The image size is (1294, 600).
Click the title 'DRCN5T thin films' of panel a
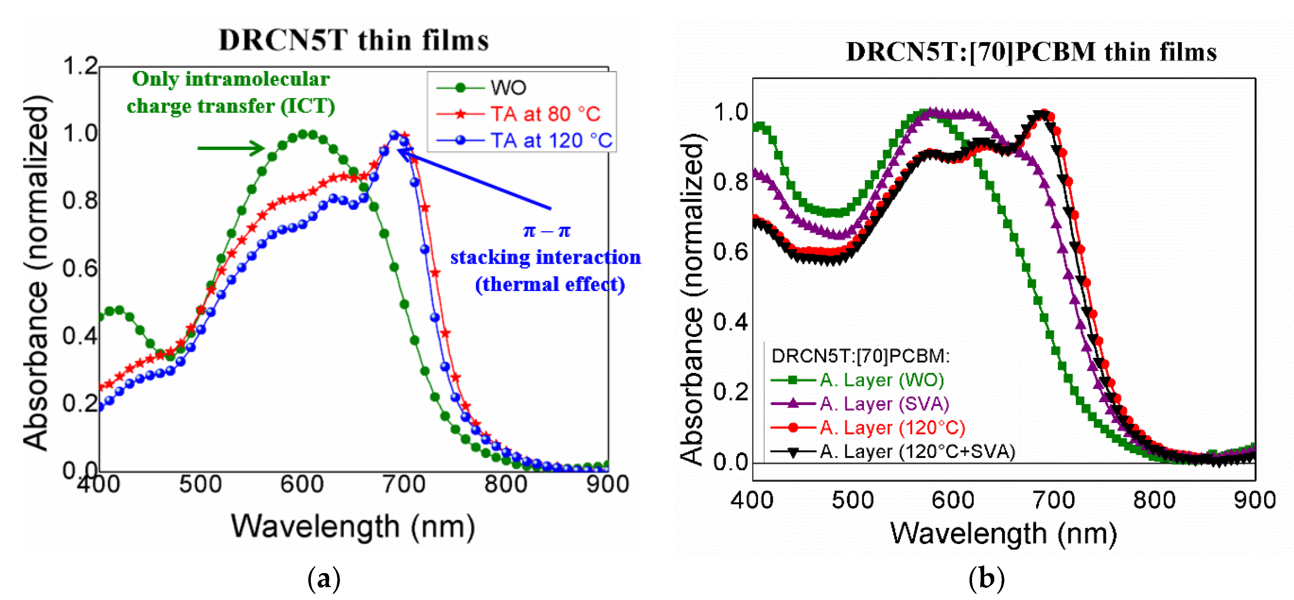354,40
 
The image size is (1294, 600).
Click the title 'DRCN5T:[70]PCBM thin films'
1031,52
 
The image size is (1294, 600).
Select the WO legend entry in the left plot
507,88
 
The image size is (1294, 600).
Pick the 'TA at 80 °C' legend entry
545,114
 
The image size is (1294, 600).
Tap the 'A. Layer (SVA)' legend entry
884,404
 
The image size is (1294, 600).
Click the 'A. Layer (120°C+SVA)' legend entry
917,452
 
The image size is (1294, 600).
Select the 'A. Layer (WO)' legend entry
882,380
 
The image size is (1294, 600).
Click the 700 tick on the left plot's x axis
403,484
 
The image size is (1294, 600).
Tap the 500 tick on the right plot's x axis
852,501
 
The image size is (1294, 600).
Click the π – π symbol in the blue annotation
547,231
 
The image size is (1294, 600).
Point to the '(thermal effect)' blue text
550,285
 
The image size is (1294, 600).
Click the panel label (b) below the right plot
986,578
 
